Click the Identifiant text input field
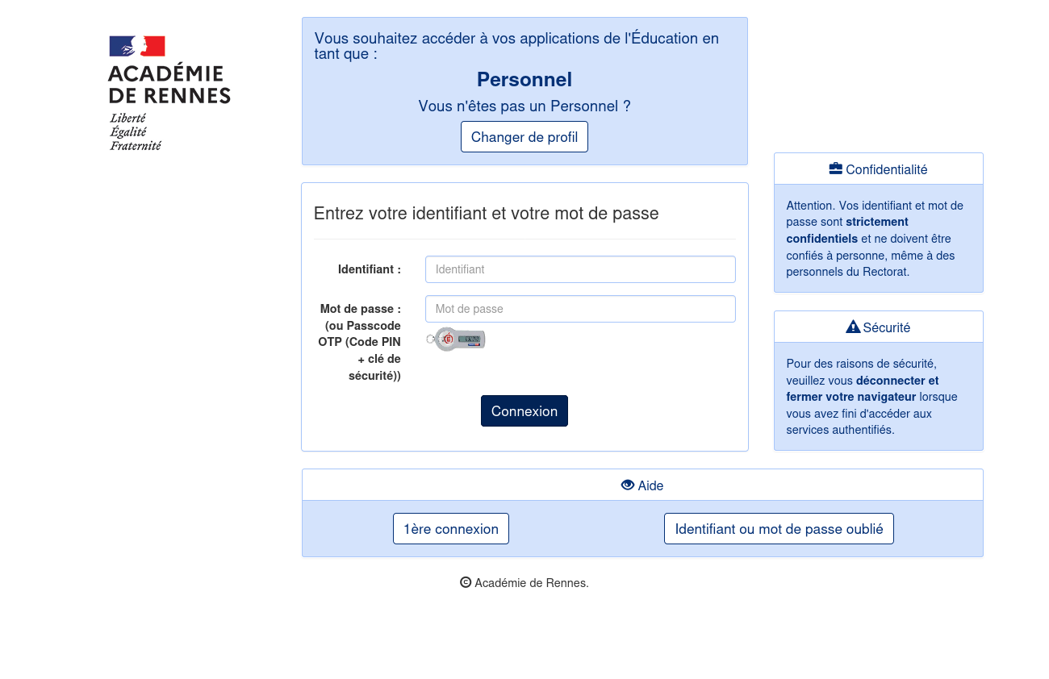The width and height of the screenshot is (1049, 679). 579,269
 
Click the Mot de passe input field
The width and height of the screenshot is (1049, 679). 579,309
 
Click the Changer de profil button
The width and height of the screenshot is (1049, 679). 524,137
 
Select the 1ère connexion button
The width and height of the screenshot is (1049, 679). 450,529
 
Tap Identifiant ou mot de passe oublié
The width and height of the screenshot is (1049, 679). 779,529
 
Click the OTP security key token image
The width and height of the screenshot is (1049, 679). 456,339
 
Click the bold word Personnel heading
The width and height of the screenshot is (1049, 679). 524,80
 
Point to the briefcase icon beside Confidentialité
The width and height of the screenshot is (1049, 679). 835,169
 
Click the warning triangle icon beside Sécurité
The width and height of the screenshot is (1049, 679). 852,327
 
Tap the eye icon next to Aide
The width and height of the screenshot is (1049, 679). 627,485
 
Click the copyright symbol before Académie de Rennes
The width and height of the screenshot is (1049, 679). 466,582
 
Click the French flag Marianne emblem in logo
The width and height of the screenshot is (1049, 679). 137,46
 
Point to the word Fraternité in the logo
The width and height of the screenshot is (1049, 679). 136,146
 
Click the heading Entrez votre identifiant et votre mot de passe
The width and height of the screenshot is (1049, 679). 486,214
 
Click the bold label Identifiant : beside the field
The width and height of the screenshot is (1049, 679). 369,269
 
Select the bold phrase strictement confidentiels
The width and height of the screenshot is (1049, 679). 847,230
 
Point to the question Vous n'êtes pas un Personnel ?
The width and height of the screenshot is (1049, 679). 524,106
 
